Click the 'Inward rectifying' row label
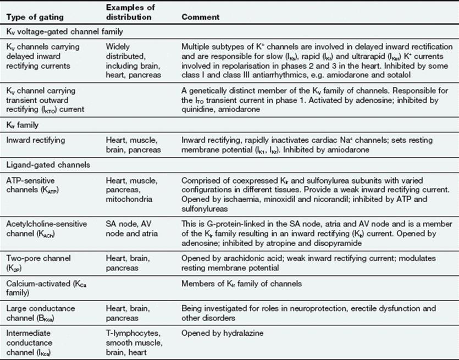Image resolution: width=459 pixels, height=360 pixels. click(x=35, y=141)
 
